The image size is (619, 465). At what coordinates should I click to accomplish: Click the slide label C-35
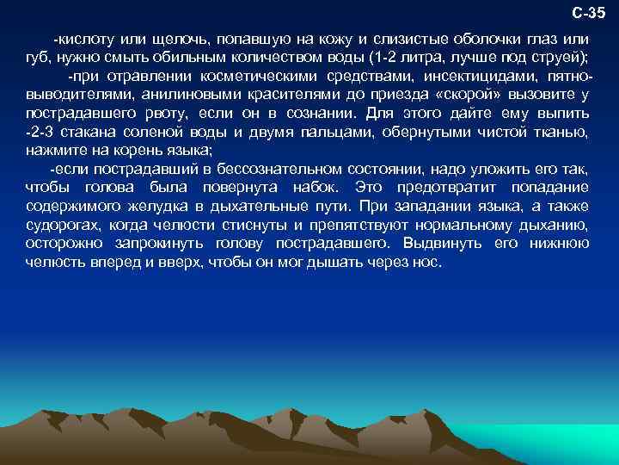coord(589,12)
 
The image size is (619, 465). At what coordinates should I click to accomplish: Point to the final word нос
coord(428,260)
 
